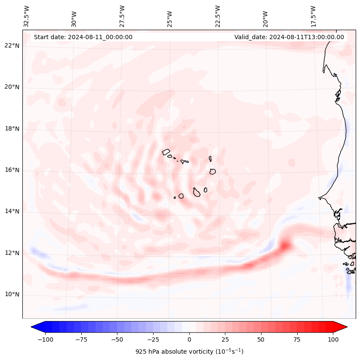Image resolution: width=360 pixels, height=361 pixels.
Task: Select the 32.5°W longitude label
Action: pyautogui.click(x=27, y=16)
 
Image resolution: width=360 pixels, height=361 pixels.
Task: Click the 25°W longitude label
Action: pyautogui.click(x=170, y=16)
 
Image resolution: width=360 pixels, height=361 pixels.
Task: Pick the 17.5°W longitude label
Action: pyautogui.click(x=313, y=16)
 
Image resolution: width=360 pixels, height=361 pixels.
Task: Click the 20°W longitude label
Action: pyautogui.click(x=265, y=16)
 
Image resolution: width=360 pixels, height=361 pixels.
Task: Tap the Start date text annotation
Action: pyautogui.click(x=83, y=37)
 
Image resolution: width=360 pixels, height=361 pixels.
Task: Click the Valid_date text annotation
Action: pyautogui.click(x=289, y=37)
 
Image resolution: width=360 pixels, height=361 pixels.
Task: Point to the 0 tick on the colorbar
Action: pyautogui.click(x=189, y=339)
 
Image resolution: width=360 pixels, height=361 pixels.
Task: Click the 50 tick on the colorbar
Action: pyautogui.click(x=261, y=339)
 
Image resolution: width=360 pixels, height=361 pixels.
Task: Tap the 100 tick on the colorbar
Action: pyautogui.click(x=333, y=339)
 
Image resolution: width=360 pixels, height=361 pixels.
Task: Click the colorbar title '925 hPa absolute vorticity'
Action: pyautogui.click(x=189, y=352)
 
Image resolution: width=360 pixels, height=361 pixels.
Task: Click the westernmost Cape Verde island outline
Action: pyautogui.click(x=166, y=152)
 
